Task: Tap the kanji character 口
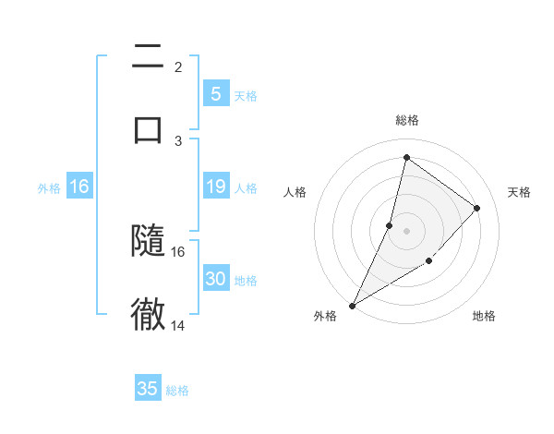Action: (148, 128)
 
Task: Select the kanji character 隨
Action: (148, 241)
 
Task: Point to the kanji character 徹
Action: (148, 315)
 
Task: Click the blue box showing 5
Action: (215, 94)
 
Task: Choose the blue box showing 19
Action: (215, 187)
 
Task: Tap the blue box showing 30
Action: (215, 279)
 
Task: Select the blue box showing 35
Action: (148, 389)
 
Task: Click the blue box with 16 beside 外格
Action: (79, 187)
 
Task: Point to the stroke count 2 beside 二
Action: (178, 66)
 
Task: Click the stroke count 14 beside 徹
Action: (178, 325)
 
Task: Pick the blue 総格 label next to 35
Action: (177, 391)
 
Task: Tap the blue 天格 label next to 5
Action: (245, 96)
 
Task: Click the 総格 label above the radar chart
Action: (406, 120)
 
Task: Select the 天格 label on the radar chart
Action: (519, 192)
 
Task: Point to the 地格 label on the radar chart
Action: (484, 316)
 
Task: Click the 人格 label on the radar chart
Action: (295, 192)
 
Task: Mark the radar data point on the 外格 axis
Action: (352, 305)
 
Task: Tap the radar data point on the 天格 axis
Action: (477, 208)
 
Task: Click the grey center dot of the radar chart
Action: (406, 231)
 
